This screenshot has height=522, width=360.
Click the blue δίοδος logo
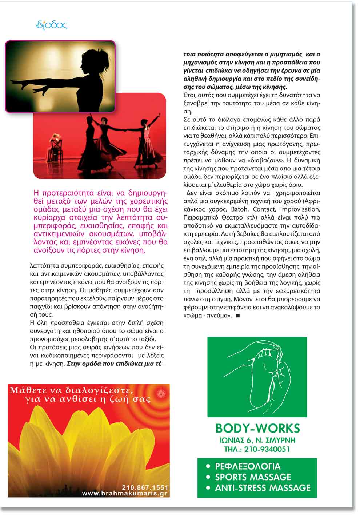pos(52,25)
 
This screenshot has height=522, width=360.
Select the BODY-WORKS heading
pos(257,428)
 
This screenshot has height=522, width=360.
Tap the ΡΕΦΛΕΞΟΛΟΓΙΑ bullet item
pos(248,466)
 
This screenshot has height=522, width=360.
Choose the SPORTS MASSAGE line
pos(253,477)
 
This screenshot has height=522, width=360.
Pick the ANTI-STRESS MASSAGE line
pos(263,488)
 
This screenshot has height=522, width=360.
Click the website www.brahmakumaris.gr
pos(125,493)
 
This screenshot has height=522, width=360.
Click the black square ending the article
pos(238,316)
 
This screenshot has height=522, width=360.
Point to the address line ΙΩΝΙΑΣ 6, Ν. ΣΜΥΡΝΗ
pos(257,440)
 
